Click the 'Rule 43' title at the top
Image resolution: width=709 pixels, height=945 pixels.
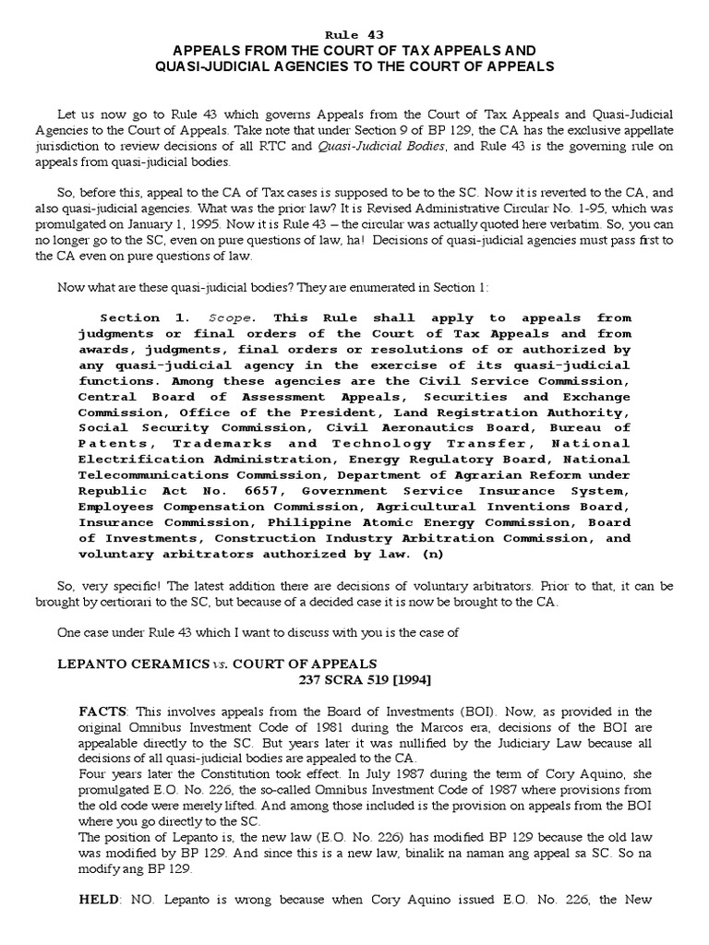coord(354,33)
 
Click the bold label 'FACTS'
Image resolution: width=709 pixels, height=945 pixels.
coord(102,712)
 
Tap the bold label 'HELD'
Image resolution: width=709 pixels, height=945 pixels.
coord(101,925)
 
